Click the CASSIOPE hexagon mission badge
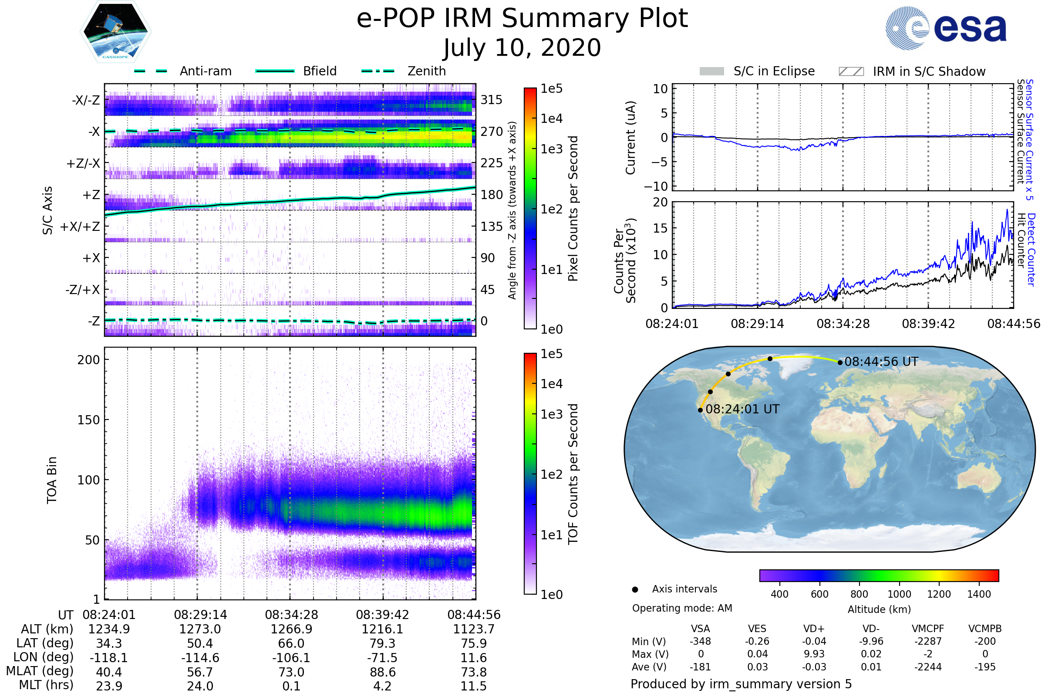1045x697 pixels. (x=115, y=31)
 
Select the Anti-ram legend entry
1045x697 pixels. (x=205, y=71)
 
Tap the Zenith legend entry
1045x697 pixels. (x=426, y=71)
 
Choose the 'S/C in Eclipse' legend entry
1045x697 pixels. (x=774, y=71)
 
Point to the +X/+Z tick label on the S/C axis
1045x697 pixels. (x=80, y=227)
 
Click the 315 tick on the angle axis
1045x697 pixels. (x=491, y=100)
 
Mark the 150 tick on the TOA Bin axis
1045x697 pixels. (x=88, y=420)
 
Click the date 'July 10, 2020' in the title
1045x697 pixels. (x=522, y=48)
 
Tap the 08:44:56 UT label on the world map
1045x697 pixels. (x=881, y=362)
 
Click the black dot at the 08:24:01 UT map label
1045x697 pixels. (x=700, y=410)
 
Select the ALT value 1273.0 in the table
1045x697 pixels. (x=200, y=629)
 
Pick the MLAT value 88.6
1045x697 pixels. (x=382, y=672)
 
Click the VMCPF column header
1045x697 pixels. (x=928, y=629)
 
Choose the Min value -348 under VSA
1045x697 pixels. (x=700, y=641)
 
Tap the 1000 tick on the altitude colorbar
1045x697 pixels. (x=899, y=594)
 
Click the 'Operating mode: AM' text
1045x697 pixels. (x=682, y=608)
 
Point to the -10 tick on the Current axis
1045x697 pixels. (x=656, y=186)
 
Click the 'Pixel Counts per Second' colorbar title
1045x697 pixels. (x=573, y=209)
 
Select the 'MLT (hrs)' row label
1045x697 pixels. (x=46, y=685)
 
